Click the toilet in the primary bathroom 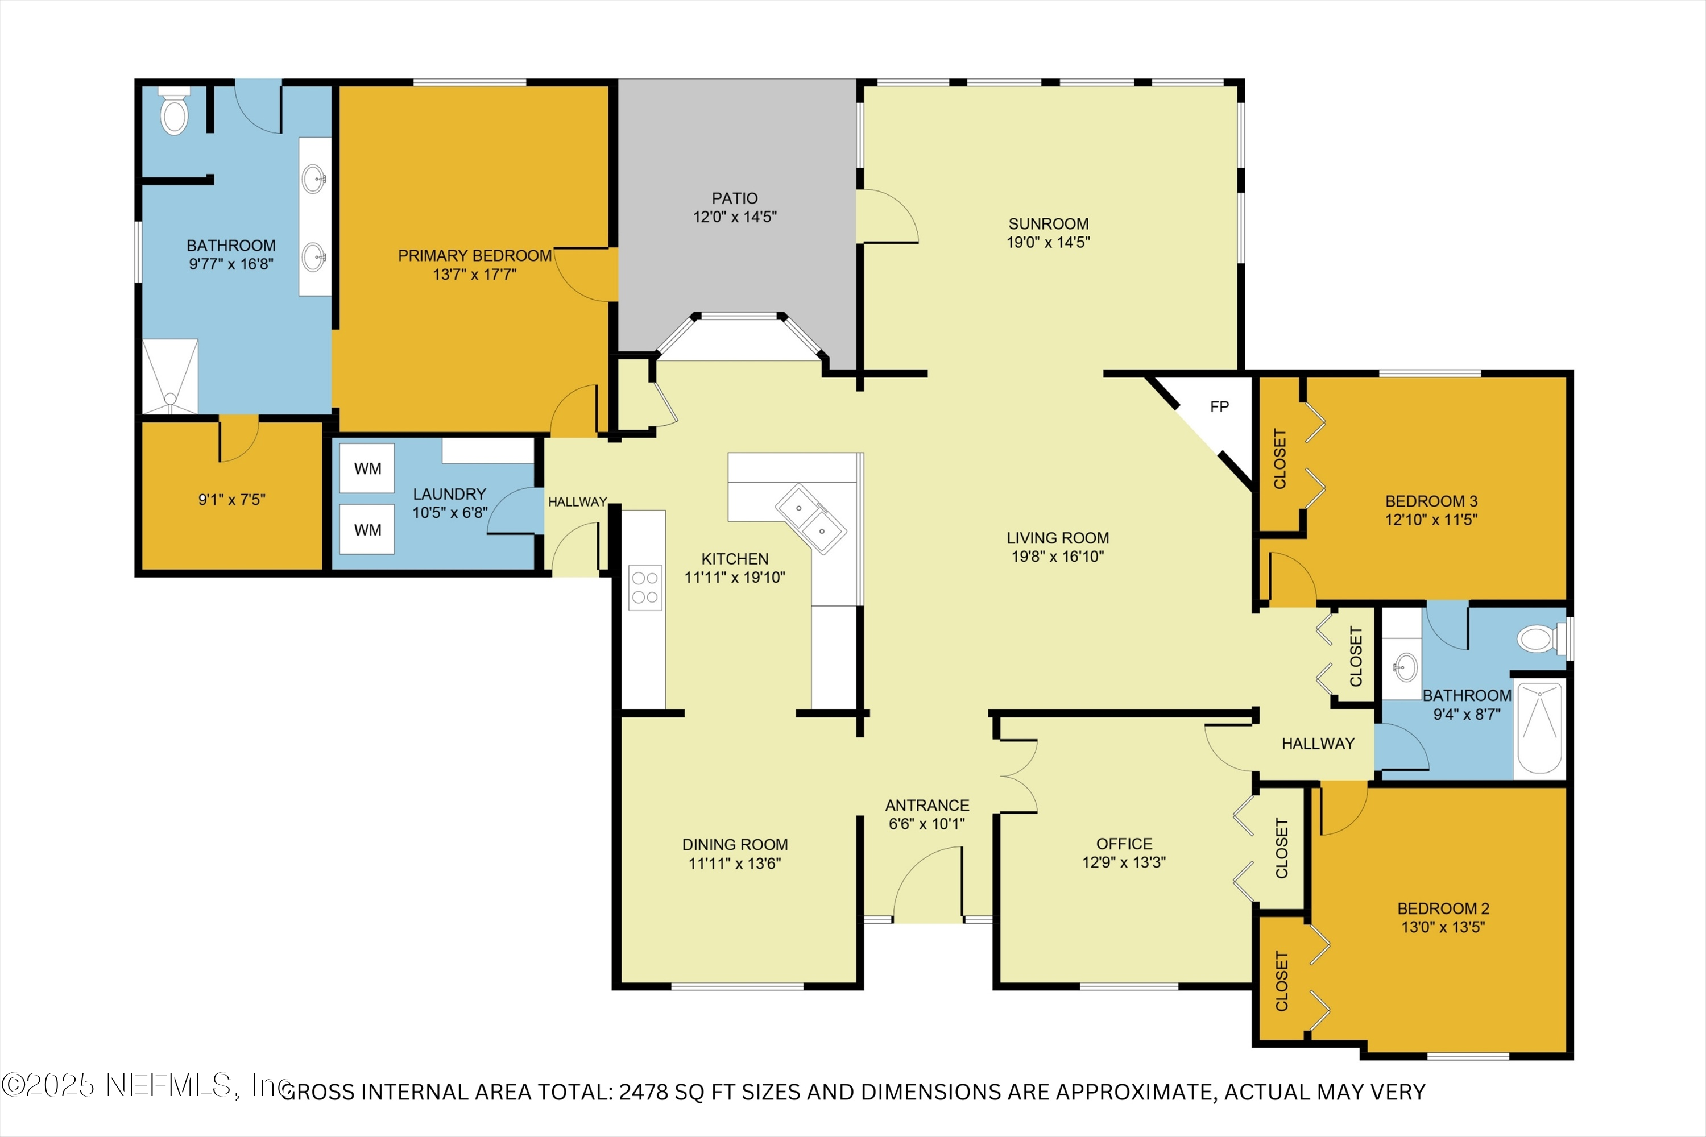[x=174, y=115]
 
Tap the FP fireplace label [x=1219, y=407]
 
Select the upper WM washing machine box [x=367, y=468]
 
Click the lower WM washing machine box [x=367, y=530]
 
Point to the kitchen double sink [x=811, y=519]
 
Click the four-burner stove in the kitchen [x=645, y=587]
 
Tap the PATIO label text [x=735, y=198]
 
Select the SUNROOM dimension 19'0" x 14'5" [x=1048, y=242]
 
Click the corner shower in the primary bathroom [x=169, y=377]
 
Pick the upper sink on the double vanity [x=313, y=179]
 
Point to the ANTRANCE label [x=927, y=805]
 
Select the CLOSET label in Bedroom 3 [x=1279, y=459]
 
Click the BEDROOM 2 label [x=1443, y=908]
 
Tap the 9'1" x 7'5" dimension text [x=232, y=500]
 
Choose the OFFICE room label [x=1124, y=843]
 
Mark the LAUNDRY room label [x=449, y=494]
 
